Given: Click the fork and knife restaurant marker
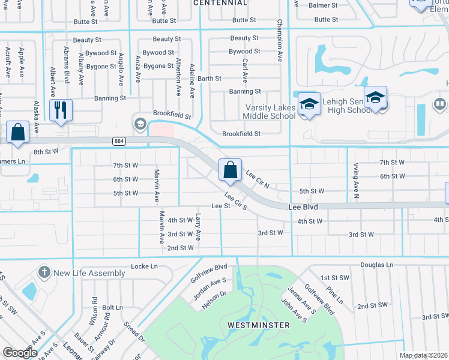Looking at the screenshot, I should tap(61, 110).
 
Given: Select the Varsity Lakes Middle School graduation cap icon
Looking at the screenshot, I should tap(309, 105).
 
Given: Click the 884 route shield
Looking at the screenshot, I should tap(118, 140).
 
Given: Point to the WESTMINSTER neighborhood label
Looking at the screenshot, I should tap(258, 325).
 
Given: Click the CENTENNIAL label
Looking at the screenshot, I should tap(220, 3).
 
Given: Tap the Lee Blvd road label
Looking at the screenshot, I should tap(303, 206).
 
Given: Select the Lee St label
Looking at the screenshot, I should tap(221, 206).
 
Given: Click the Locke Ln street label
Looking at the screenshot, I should tap(143, 266).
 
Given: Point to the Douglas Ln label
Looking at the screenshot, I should tap(377, 265).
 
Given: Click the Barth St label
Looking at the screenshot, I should tap(209, 79).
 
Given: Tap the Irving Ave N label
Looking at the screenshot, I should tap(356, 180).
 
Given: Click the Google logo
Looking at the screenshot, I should tap(20, 353).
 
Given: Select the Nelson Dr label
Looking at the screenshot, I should tap(214, 301).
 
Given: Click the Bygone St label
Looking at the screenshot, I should tap(158, 66).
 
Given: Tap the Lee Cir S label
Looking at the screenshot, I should tap(236, 200).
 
